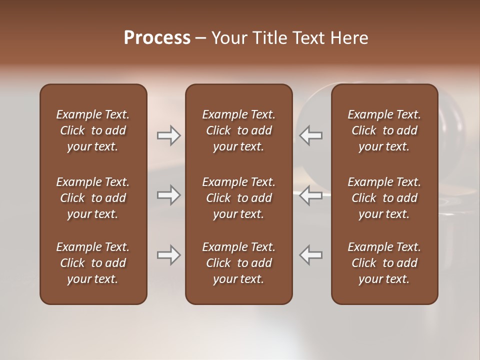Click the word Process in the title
(157, 38)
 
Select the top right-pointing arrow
(169, 135)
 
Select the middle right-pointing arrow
(169, 195)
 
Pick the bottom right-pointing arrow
(169, 255)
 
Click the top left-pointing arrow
(311, 135)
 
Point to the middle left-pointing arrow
(311, 195)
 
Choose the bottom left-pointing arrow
(311, 255)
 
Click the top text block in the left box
(93, 130)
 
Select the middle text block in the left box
(93, 198)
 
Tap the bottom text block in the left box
(93, 263)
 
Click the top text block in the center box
(238, 130)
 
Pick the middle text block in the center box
(238, 198)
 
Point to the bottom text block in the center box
(238, 263)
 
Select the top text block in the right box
(384, 130)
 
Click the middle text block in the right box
(384, 198)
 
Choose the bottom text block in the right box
(384, 263)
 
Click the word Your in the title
(229, 38)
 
